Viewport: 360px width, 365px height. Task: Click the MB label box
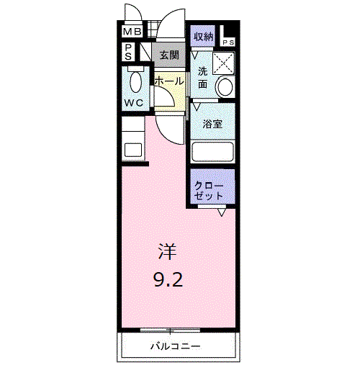[x=132, y=32]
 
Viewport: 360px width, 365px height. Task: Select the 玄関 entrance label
[x=168, y=55]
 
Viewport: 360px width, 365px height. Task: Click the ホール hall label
[x=168, y=82]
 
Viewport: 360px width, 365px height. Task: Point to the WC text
[x=133, y=102]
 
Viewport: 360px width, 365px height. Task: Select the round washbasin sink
[x=225, y=88]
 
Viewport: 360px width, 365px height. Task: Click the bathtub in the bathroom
[x=212, y=152]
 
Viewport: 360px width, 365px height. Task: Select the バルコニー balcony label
[x=175, y=346]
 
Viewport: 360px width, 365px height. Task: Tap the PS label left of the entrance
[x=127, y=52]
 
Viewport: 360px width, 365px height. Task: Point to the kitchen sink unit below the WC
[x=132, y=141]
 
